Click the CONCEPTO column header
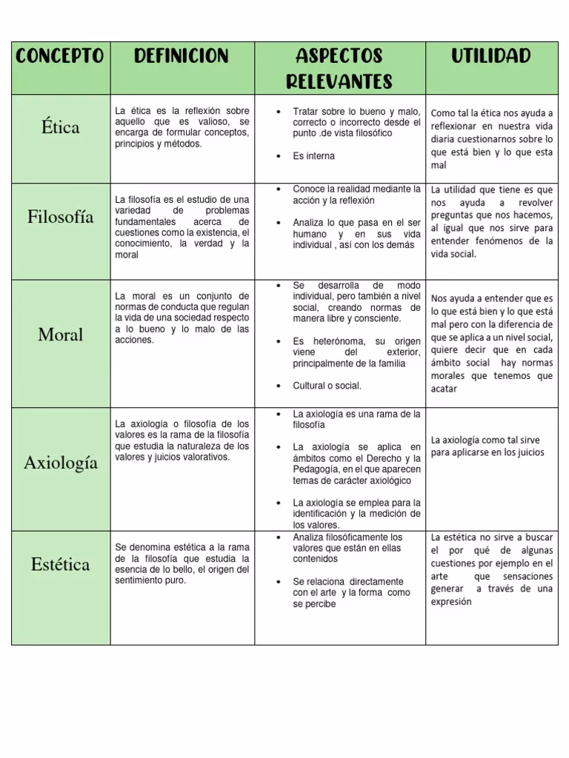(60, 56)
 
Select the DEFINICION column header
(182, 56)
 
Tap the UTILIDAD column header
(491, 56)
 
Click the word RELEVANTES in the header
(339, 81)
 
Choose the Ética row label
(61, 127)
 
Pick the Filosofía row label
(61, 217)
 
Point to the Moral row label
(61, 335)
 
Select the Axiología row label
(61, 463)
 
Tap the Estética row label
(61, 565)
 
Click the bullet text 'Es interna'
(313, 156)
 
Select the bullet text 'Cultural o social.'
(327, 386)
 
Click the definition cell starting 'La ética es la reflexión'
(182, 127)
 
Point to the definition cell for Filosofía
(182, 227)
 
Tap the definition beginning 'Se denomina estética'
(182, 564)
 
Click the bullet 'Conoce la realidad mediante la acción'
(356, 195)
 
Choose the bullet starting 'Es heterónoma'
(356, 352)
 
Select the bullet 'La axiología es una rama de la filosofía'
(356, 420)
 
